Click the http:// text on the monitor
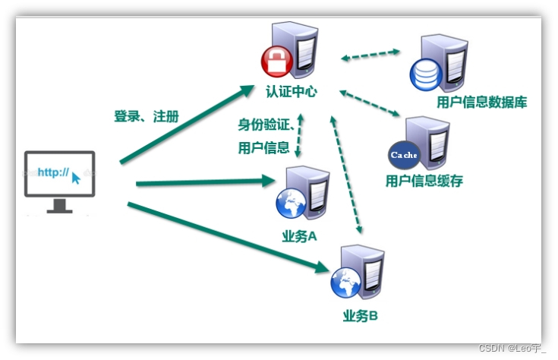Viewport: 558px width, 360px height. click(x=54, y=173)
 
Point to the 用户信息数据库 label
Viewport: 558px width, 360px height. click(x=482, y=102)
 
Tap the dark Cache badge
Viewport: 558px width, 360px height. click(x=404, y=155)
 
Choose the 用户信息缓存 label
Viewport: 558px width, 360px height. click(x=424, y=181)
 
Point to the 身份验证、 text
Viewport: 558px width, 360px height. click(x=266, y=125)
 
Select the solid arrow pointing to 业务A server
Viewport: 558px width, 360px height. click(x=205, y=182)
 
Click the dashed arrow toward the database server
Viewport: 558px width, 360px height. click(x=370, y=55)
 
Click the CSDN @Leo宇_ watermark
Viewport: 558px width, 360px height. click(x=512, y=347)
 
